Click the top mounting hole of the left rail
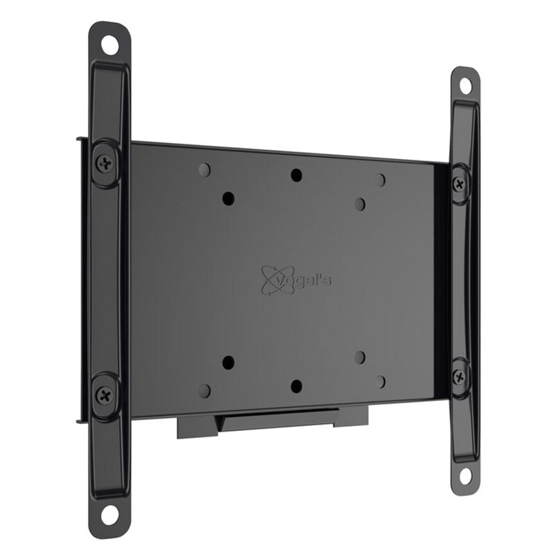coord(110,45)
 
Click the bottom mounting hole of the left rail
coord(110,515)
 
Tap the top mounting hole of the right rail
coord(465,86)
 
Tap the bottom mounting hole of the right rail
coord(465,476)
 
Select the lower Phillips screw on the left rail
coord(105,395)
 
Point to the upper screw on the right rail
coord(459,184)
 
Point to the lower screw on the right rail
coord(459,376)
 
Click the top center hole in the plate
coord(296,175)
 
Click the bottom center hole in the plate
coord(296,386)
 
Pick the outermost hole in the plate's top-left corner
coord(204,169)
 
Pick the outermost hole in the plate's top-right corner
coord(379,180)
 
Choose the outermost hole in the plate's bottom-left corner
coord(204,391)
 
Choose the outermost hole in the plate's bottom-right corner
coord(379,382)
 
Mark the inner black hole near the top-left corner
coord(228,198)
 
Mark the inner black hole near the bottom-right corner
coord(360,357)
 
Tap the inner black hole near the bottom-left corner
coord(228,363)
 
